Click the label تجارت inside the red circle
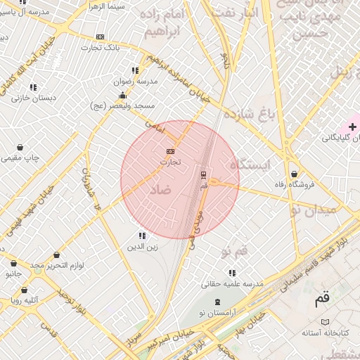coord(170,162)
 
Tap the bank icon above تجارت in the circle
coord(169,151)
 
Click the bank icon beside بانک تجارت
coord(101,37)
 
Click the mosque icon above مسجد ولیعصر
coord(123,95)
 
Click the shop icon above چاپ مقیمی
coord(20,148)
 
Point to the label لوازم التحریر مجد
coord(57,265)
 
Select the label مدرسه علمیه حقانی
coord(232,284)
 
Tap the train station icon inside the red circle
coord(204,174)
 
